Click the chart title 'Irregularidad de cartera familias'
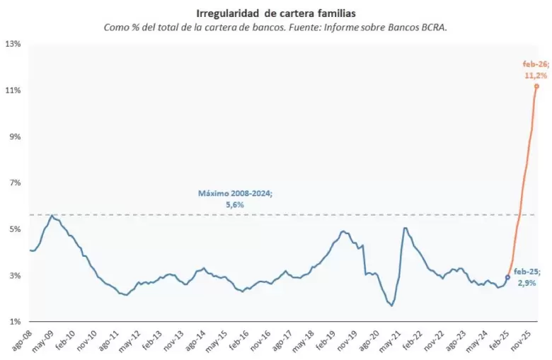(x=276, y=12)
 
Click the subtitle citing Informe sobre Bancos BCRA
(x=276, y=27)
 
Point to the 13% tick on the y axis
(x=13, y=44)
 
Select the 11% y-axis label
(x=13, y=91)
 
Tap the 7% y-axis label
(x=13, y=183)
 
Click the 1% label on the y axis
(x=13, y=322)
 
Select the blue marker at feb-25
(x=507, y=277)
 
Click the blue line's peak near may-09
(x=52, y=215)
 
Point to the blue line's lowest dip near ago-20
(x=391, y=306)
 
